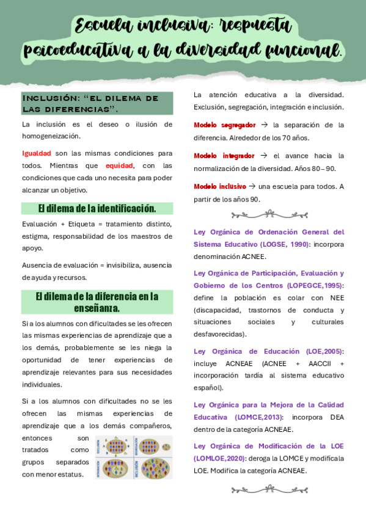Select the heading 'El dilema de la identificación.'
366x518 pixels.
97,208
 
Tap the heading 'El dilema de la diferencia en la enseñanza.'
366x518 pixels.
97,302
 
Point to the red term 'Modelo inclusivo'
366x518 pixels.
219,186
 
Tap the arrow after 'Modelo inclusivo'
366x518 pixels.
252,186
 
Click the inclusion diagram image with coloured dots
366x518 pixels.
134,457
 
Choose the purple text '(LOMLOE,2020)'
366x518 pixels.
219,458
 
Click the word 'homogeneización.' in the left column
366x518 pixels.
51,136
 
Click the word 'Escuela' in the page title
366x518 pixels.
100,26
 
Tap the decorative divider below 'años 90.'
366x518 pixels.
269,214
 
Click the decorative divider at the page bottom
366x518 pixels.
269,489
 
